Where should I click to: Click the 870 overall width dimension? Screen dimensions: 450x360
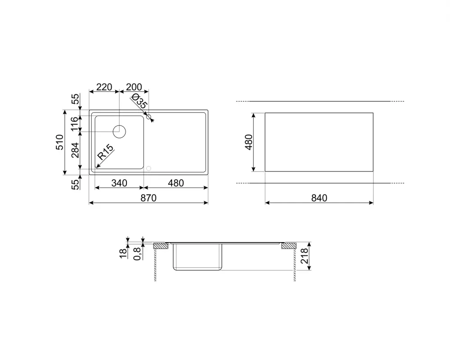148,198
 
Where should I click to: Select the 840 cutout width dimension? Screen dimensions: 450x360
319,198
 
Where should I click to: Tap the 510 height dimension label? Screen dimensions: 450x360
59,142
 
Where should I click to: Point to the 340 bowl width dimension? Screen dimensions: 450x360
119,183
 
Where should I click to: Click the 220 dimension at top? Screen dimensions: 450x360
104,87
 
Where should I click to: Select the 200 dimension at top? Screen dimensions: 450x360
134,87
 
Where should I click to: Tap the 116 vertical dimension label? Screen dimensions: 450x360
74,124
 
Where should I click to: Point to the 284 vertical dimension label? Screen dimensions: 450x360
75,150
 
